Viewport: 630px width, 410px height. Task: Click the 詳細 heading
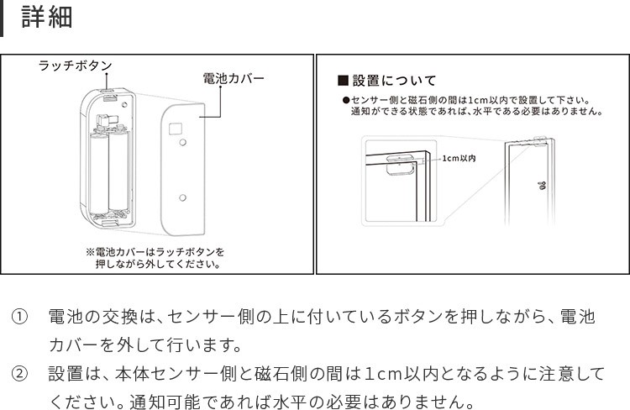tap(47, 17)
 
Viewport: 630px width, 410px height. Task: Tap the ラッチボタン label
tap(75, 66)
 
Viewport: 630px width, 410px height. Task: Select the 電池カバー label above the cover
tap(234, 78)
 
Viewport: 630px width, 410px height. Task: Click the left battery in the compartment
tap(99, 173)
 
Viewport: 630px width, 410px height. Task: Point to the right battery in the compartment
tap(119, 171)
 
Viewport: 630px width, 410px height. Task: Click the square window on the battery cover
tap(176, 129)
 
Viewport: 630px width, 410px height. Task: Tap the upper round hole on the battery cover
tap(183, 142)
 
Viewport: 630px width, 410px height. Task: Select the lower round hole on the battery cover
tap(183, 197)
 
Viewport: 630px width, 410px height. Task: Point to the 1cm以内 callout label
tap(459, 159)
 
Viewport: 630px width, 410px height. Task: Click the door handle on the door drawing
tap(542, 185)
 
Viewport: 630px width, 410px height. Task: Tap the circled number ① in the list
tap(19, 317)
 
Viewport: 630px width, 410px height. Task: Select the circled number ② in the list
tap(19, 374)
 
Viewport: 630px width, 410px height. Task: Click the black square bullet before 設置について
tap(343, 81)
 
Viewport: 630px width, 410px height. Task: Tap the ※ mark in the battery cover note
tap(90, 252)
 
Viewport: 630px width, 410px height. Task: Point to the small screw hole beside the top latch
tap(124, 104)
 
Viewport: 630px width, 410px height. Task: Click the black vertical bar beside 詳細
tap(1, 18)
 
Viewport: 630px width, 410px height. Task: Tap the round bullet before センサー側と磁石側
tap(346, 100)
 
